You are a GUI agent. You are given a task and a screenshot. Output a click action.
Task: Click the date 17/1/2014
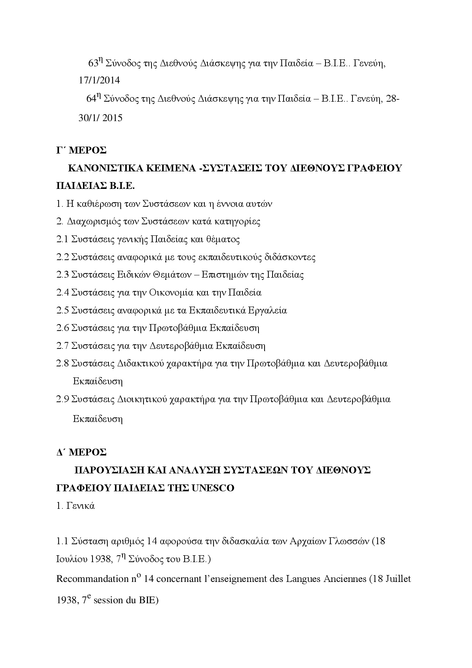pos(99,80)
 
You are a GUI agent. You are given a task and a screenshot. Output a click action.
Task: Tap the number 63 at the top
pos(93,63)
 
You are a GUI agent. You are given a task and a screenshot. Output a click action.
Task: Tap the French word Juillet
pos(399,580)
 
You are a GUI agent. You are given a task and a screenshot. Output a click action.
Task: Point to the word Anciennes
pos(344,580)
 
